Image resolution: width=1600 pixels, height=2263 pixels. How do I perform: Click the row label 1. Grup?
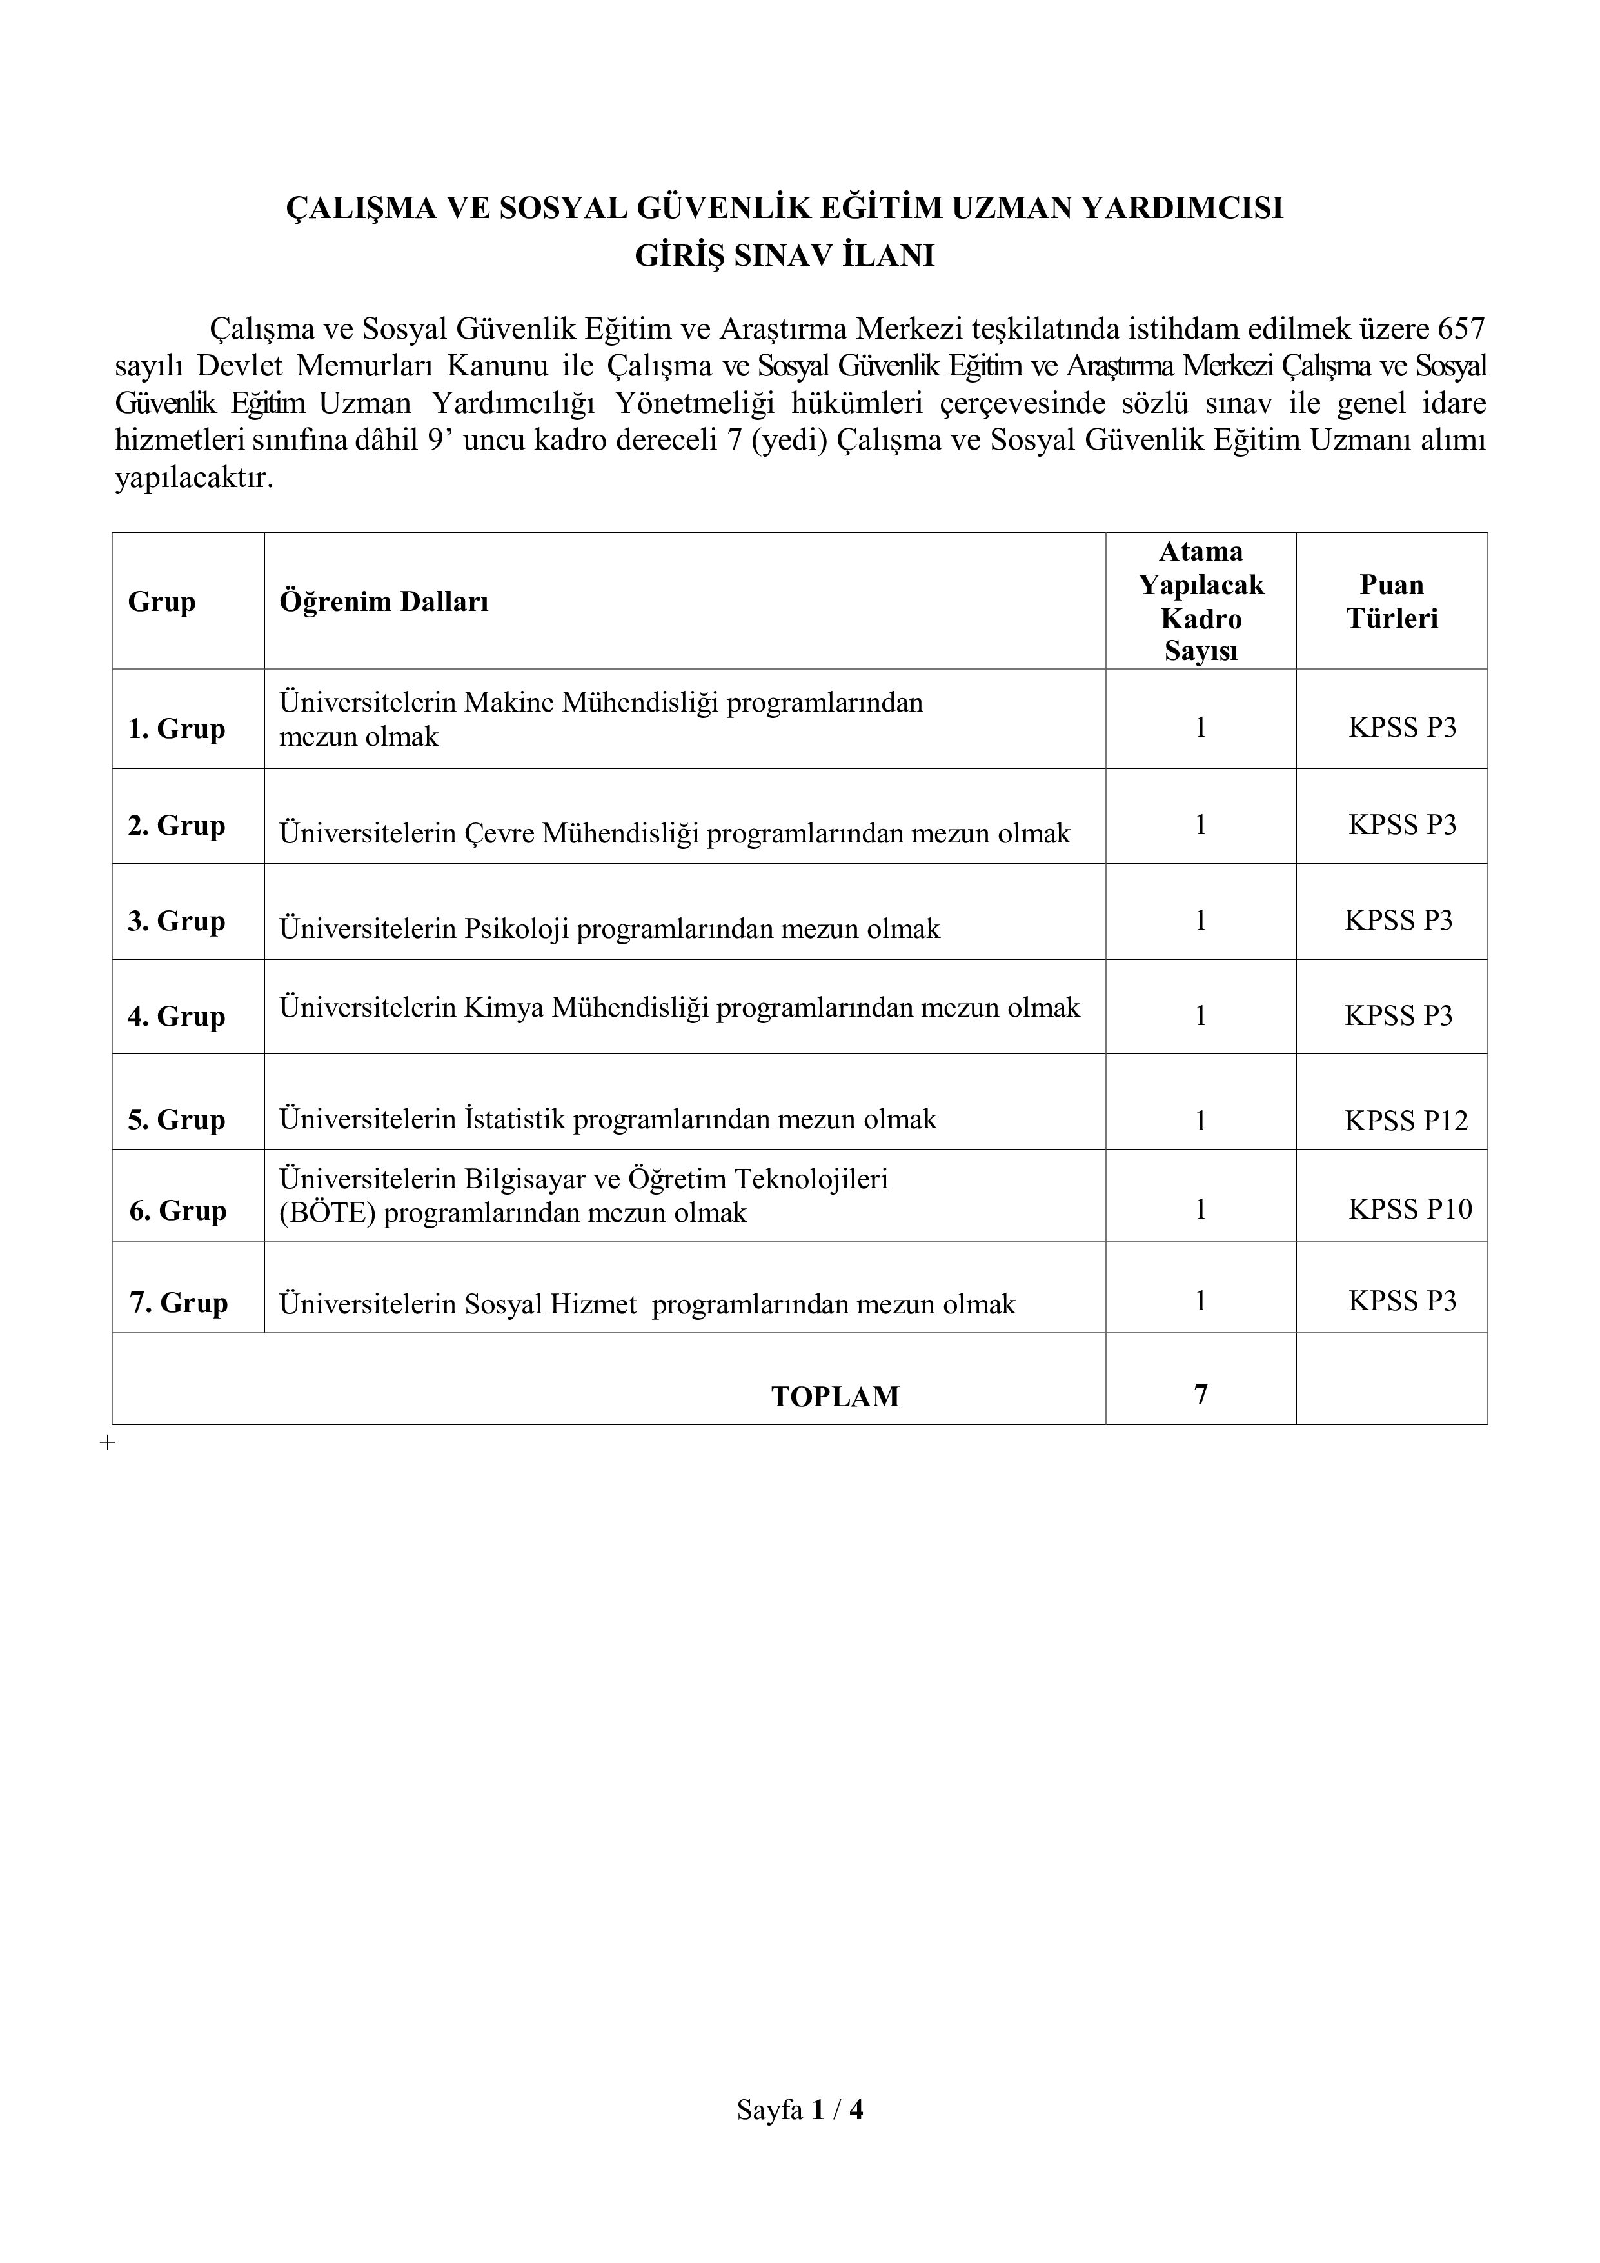click(x=176, y=730)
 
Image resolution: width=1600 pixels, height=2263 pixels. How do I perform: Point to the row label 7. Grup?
click(x=179, y=1303)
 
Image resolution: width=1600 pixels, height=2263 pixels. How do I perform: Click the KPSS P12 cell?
click(x=1406, y=1121)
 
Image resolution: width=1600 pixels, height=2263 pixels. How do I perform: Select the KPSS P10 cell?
click(x=1410, y=1210)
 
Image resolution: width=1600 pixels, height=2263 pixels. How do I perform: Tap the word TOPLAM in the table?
click(x=835, y=1397)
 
